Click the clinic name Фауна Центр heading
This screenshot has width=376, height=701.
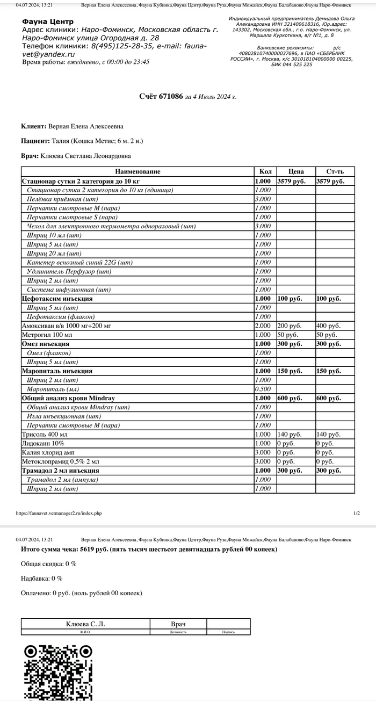pos(48,21)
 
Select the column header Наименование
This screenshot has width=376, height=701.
pos(138,171)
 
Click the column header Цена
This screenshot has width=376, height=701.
pos(295,171)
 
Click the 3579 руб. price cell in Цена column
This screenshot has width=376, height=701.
pos(291,181)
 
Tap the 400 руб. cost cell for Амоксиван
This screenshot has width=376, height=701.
pos(328,326)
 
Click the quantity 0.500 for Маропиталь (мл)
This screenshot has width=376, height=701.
pos(263,389)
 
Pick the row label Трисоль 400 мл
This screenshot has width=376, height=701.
pos(44,434)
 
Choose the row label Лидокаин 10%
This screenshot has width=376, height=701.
pos(42,443)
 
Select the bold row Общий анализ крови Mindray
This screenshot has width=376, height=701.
pos(68,398)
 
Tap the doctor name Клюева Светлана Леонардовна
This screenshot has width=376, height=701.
pos(85,156)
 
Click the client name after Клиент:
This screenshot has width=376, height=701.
pos(86,126)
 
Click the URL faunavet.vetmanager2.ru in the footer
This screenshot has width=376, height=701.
pos(59,513)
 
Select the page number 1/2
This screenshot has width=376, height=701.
pos(357,513)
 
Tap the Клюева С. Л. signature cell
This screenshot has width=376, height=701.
pos(85,624)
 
